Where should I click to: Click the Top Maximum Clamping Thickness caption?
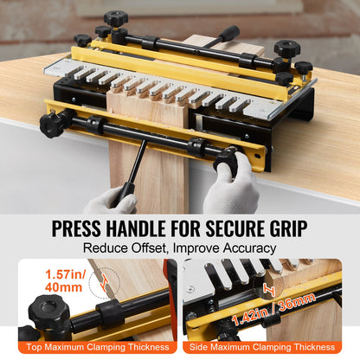(x=89, y=348)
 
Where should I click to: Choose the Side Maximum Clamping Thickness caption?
(x=270, y=348)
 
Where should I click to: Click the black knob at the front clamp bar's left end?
(x=53, y=123)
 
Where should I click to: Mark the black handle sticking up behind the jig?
(x=227, y=34)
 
